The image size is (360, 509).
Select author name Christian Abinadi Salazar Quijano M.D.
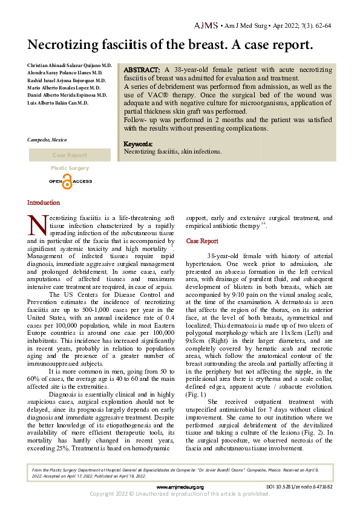tap(70, 65)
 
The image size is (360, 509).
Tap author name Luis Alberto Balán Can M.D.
tap(57, 103)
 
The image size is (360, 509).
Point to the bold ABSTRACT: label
tap(142, 70)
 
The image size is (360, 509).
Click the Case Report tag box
tap(70, 155)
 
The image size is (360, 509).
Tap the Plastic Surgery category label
tap(70, 168)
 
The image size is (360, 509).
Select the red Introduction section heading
tap(44, 203)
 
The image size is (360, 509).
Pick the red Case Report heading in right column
tap(202, 241)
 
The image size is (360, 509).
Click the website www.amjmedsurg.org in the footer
tap(180, 487)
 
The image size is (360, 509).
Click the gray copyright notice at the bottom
tap(180, 494)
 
